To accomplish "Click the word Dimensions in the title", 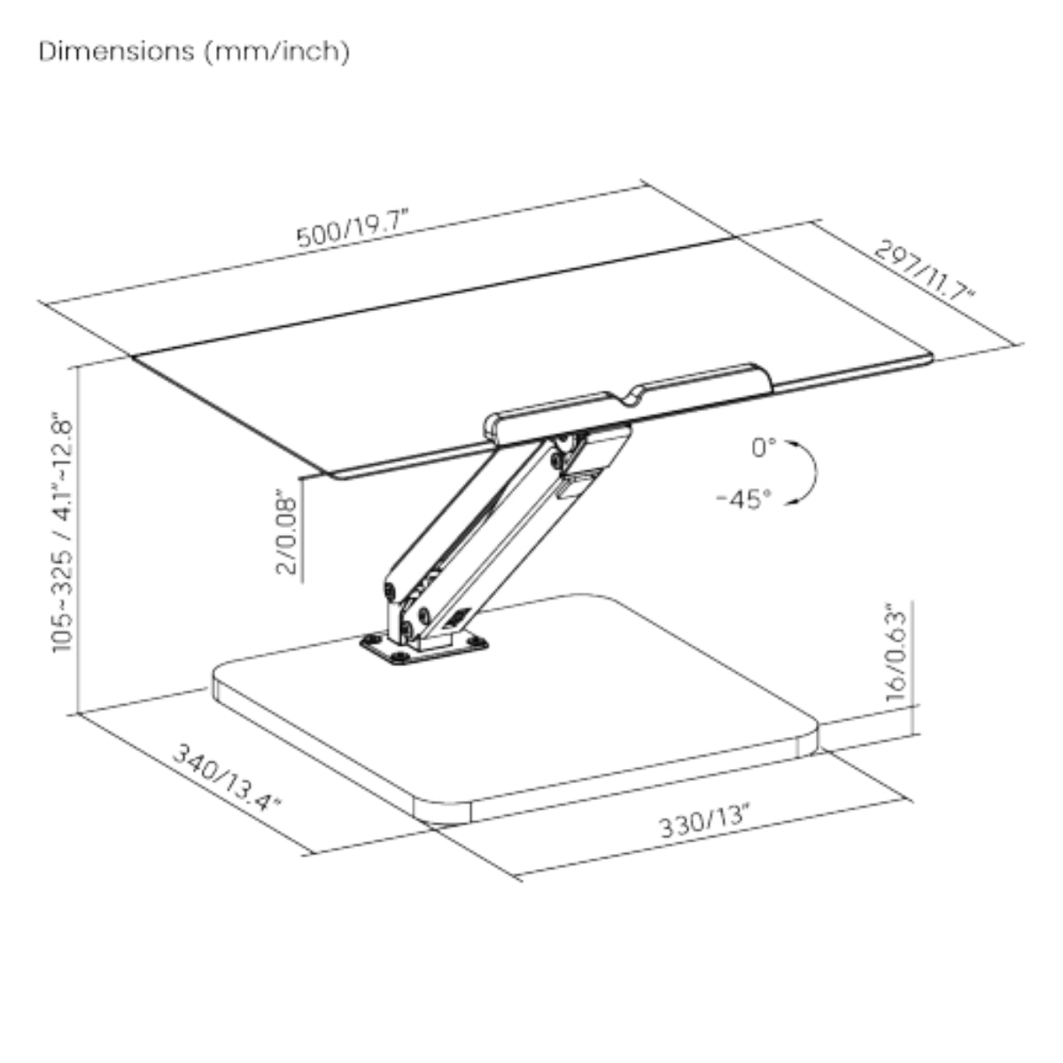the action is point(116,51).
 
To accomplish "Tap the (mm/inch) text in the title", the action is point(277,52).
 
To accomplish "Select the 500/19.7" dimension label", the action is point(353,228).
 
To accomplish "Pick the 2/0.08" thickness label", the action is point(286,531).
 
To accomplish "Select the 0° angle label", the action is point(764,447).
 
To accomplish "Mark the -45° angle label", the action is point(744,500).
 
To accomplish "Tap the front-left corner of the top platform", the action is point(333,475).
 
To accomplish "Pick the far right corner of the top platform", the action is point(930,358).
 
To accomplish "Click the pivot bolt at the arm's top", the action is point(563,441).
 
